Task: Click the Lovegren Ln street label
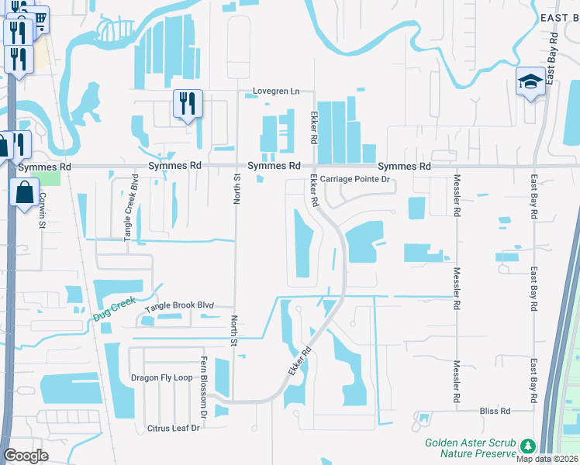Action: tap(276, 91)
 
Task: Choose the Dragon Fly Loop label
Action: tap(161, 378)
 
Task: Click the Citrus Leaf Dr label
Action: tap(174, 428)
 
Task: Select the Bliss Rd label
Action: tap(495, 411)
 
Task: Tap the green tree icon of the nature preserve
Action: tap(528, 446)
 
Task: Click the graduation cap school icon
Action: tap(530, 81)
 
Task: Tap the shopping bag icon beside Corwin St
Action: tap(25, 191)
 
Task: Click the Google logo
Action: tap(26, 456)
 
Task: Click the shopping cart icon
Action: tap(36, 19)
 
